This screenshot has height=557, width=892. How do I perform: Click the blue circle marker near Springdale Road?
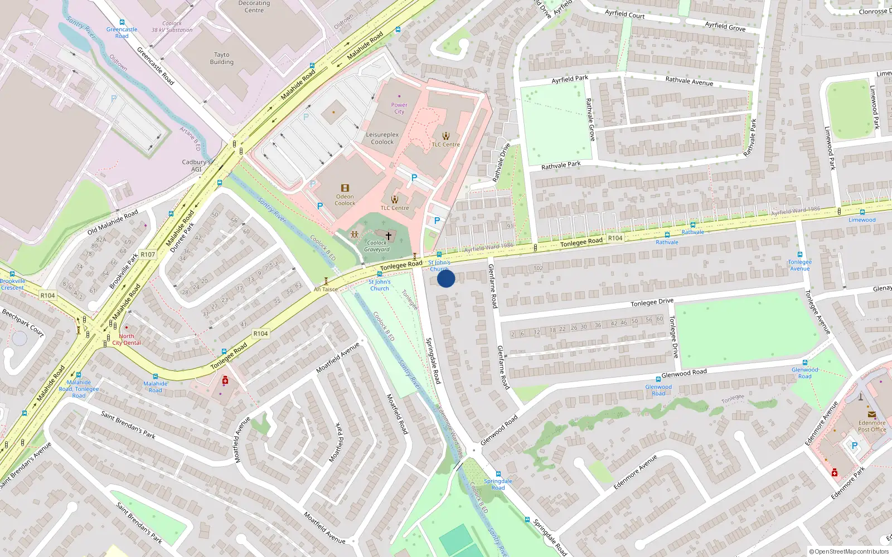[446, 278]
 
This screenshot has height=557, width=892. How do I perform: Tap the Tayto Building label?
[222, 58]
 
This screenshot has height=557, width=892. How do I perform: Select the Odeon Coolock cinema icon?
[345, 188]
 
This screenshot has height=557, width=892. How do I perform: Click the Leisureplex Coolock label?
[382, 138]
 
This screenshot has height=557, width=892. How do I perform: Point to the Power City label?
[399, 108]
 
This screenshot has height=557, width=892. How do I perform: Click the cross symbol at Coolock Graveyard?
[389, 236]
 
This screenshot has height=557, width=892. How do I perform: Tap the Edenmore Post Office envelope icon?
[871, 414]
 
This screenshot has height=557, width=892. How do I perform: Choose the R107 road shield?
[148, 255]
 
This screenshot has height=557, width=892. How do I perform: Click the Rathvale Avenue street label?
[689, 81]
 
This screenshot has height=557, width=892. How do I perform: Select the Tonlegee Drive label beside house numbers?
[652, 302]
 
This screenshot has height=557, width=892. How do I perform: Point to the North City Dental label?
[127, 339]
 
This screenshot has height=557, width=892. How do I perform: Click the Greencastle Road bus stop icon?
[122, 23]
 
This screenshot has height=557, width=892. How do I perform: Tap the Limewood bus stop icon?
[862, 212]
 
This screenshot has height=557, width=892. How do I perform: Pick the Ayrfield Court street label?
[624, 14]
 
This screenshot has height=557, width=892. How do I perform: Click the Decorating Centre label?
[254, 7]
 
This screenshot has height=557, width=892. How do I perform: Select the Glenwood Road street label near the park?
[684, 373]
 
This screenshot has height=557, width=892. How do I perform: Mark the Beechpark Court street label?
[23, 323]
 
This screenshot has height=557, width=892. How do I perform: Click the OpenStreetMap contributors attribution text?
[849, 551]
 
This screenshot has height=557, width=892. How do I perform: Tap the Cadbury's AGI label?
[196, 165]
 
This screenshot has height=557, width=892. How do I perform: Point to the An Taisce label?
[326, 289]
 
